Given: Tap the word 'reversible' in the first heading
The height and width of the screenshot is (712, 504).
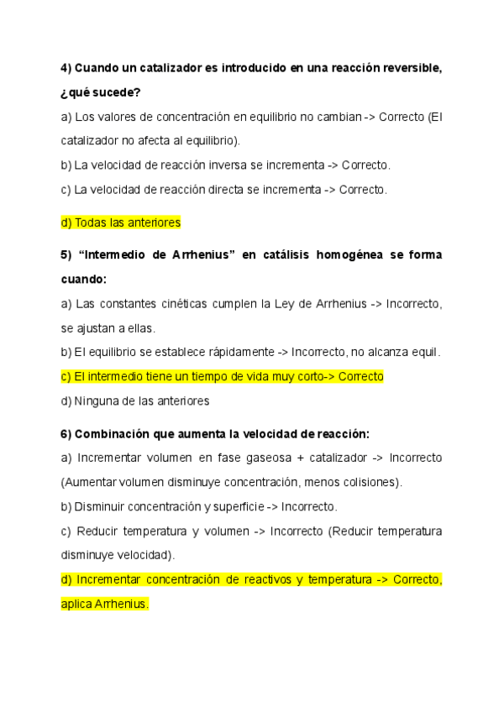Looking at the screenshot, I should click(x=412, y=68).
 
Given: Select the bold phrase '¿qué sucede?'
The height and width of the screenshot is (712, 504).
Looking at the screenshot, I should click(x=101, y=92).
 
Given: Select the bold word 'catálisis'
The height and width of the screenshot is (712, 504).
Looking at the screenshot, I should click(x=276, y=254).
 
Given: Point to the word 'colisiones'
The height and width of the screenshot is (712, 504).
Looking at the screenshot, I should click(x=369, y=482).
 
